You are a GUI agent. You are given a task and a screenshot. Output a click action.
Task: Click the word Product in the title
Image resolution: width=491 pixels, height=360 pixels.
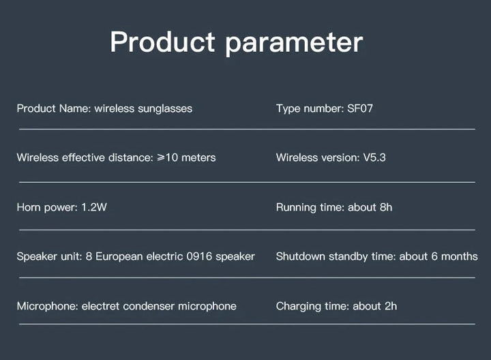(x=162, y=42)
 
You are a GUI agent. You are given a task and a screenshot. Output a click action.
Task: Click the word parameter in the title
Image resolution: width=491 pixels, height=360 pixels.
(x=294, y=44)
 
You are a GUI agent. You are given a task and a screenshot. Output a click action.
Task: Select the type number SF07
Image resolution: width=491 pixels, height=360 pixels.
(x=360, y=108)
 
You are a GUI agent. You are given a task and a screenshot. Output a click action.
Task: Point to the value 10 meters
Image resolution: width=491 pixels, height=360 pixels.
(x=190, y=157)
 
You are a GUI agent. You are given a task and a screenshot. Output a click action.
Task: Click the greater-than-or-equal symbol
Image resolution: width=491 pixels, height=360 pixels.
(x=161, y=157)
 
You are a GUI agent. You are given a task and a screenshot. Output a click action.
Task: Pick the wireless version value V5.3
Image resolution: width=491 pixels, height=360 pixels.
(x=374, y=157)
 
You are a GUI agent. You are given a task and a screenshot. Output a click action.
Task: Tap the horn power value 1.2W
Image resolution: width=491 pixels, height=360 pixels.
(x=94, y=207)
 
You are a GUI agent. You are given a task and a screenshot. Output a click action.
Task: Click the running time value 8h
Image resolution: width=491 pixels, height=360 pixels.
(x=386, y=207)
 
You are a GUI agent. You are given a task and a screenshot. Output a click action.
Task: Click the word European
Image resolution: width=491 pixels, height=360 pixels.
(x=119, y=257)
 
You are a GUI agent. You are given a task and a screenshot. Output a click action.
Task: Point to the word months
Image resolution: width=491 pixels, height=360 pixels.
(x=460, y=256)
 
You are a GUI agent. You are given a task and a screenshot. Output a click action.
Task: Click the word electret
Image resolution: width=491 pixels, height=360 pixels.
(x=100, y=306)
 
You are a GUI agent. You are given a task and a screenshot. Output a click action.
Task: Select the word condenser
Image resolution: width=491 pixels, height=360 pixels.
(x=149, y=306)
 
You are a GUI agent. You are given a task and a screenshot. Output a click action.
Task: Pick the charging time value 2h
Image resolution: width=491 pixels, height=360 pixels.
(x=391, y=306)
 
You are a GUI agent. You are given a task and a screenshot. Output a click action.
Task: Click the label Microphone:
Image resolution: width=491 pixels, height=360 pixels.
(x=47, y=306)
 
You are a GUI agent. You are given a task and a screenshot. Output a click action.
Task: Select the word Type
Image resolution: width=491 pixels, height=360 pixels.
(x=288, y=109)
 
